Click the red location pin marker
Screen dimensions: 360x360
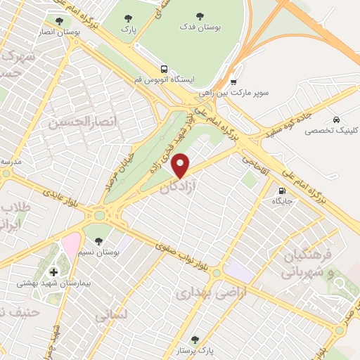point(181,165)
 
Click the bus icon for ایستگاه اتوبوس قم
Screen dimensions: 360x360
point(164,69)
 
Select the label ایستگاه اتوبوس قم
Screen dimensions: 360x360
point(164,79)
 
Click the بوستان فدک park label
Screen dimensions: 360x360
point(217,27)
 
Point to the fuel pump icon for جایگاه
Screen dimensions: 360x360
point(283,190)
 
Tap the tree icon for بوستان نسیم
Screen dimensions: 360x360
point(107,240)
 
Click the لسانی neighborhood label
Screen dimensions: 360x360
point(111,316)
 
